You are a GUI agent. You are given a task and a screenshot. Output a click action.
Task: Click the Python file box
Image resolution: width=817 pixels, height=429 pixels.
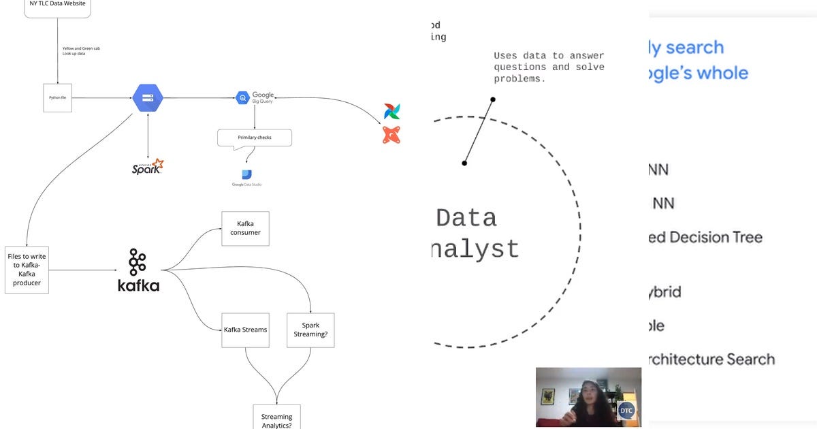[57, 98]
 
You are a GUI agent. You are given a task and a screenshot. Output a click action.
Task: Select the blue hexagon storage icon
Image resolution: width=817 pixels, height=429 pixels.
[147, 98]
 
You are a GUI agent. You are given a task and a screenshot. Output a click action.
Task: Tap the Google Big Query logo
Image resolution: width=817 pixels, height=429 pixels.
[255, 98]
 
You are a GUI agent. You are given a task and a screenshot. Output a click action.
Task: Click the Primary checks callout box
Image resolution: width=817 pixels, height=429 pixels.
[255, 138]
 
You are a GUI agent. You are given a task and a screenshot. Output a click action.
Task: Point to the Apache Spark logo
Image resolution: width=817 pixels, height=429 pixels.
[148, 166]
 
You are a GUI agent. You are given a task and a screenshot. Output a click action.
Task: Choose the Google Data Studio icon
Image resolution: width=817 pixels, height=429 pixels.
[246, 176]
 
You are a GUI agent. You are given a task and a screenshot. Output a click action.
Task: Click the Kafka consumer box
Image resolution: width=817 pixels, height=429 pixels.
[245, 228]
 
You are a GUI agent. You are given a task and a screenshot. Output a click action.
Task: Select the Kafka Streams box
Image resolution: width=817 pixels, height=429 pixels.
[245, 330]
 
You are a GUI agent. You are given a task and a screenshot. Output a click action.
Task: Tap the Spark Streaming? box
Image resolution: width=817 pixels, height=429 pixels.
[310, 330]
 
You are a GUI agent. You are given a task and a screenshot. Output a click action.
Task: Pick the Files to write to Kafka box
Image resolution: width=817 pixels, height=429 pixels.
[27, 270]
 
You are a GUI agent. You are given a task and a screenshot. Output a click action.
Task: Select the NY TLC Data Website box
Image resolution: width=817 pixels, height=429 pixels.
[57, 5]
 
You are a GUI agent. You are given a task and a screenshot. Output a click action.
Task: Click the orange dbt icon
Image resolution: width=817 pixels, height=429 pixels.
[391, 135]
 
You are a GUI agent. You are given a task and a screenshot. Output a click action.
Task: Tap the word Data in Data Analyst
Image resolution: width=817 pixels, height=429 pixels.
[466, 218]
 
